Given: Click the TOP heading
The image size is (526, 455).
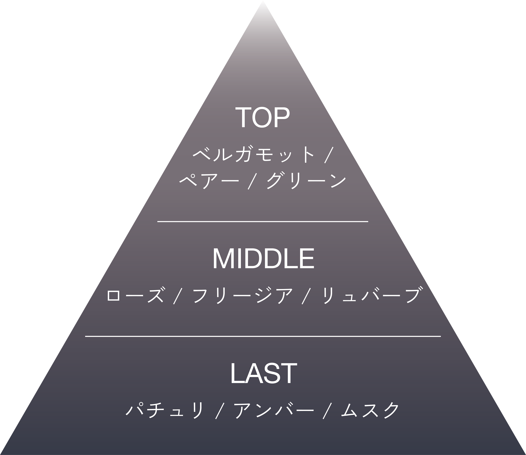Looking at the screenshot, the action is pyautogui.click(x=263, y=117).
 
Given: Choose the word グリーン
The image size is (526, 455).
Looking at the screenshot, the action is pyautogui.click(x=306, y=181).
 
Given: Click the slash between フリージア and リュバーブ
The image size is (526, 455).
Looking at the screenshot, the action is pyautogui.click(x=306, y=296).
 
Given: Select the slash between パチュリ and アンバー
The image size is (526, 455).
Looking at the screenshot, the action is pyautogui.click(x=220, y=411).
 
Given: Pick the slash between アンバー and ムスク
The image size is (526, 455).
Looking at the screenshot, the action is pyautogui.click(x=327, y=411).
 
